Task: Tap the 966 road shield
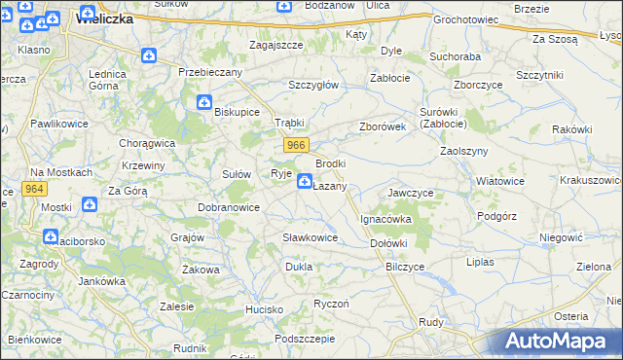(297, 145)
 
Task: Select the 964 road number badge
(35, 189)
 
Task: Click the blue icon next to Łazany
(305, 181)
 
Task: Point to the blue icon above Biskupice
(204, 101)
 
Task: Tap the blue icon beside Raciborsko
(51, 235)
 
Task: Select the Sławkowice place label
(310, 237)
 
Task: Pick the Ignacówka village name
(386, 220)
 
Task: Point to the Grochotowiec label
(465, 19)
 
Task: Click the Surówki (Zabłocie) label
(443, 118)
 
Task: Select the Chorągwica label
(146, 142)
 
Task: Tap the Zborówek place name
(382, 126)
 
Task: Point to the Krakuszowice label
(592, 180)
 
